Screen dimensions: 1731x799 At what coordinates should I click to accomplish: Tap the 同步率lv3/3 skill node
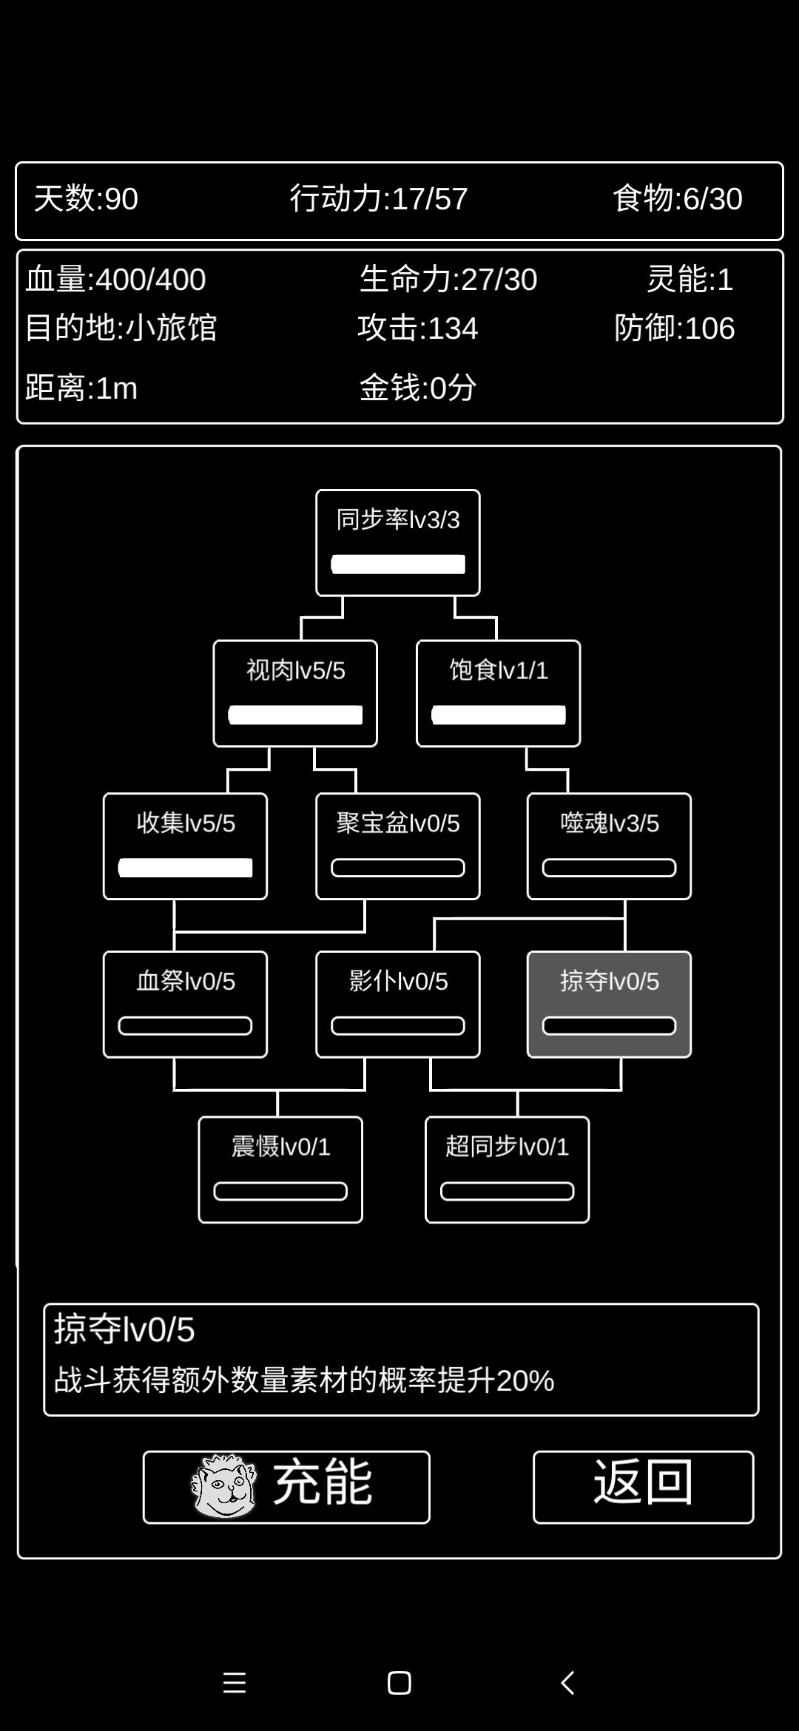[x=398, y=543]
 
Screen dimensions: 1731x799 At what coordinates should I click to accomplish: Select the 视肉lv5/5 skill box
[x=295, y=693]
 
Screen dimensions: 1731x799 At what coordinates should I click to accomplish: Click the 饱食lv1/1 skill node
[x=498, y=693]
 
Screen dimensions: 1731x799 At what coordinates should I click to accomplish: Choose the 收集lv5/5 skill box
[x=185, y=846]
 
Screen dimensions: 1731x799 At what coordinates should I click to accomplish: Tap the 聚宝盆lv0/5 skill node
[x=398, y=846]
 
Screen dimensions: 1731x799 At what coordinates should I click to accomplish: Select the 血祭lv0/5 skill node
[x=185, y=1004]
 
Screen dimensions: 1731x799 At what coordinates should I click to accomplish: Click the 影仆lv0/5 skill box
[x=398, y=1004]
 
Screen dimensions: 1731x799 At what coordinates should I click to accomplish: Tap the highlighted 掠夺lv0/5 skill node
[x=609, y=1004]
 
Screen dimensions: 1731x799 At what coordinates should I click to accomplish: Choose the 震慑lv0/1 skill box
[x=280, y=1170]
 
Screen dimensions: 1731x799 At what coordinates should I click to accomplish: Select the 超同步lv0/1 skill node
[x=507, y=1170]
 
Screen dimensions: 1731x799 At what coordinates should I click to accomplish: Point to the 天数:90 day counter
[x=86, y=199]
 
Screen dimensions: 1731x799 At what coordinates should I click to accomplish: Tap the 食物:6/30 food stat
[x=677, y=199]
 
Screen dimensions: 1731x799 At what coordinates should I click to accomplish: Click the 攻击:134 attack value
[x=418, y=328]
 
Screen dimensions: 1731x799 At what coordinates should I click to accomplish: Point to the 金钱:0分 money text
[x=418, y=388]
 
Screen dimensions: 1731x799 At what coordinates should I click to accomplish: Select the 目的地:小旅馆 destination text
[x=121, y=328]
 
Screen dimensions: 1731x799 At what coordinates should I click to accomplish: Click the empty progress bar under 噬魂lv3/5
[x=609, y=868]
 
